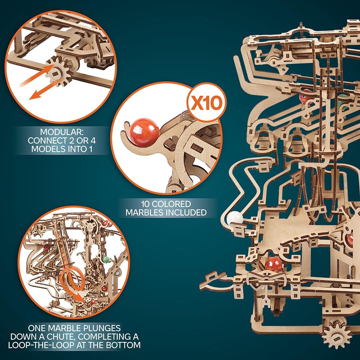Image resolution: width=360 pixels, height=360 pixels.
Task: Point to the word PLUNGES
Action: coord(94,328)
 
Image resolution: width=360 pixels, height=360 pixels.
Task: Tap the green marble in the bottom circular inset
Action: coord(106,259)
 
